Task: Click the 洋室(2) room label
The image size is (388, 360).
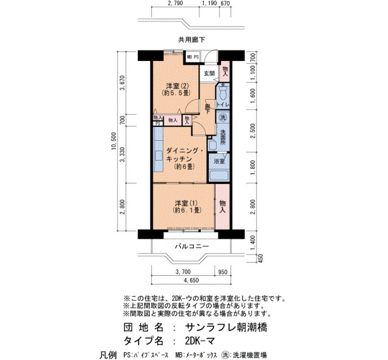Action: tap(177, 86)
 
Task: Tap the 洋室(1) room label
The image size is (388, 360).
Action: tap(186, 203)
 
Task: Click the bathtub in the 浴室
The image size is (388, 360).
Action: tap(219, 176)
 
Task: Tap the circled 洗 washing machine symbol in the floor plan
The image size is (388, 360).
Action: tap(223, 117)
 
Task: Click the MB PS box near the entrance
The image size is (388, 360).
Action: tap(193, 57)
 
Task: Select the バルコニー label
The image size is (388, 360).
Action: tap(192, 246)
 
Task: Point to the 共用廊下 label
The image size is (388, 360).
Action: tap(192, 39)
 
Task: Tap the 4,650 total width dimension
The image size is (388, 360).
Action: tap(191, 280)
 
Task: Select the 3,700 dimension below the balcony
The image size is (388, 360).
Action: tap(183, 272)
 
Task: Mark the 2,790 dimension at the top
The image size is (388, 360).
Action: tap(175, 3)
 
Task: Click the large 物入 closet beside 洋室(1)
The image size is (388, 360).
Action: tap(222, 207)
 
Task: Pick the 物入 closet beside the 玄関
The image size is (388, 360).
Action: tap(225, 71)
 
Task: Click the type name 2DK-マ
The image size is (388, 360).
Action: tap(200, 341)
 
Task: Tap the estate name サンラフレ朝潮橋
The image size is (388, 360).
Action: tap(226, 328)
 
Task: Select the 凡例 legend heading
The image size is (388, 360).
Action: tap(108, 355)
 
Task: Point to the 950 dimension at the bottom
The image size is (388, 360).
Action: tap(223, 272)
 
